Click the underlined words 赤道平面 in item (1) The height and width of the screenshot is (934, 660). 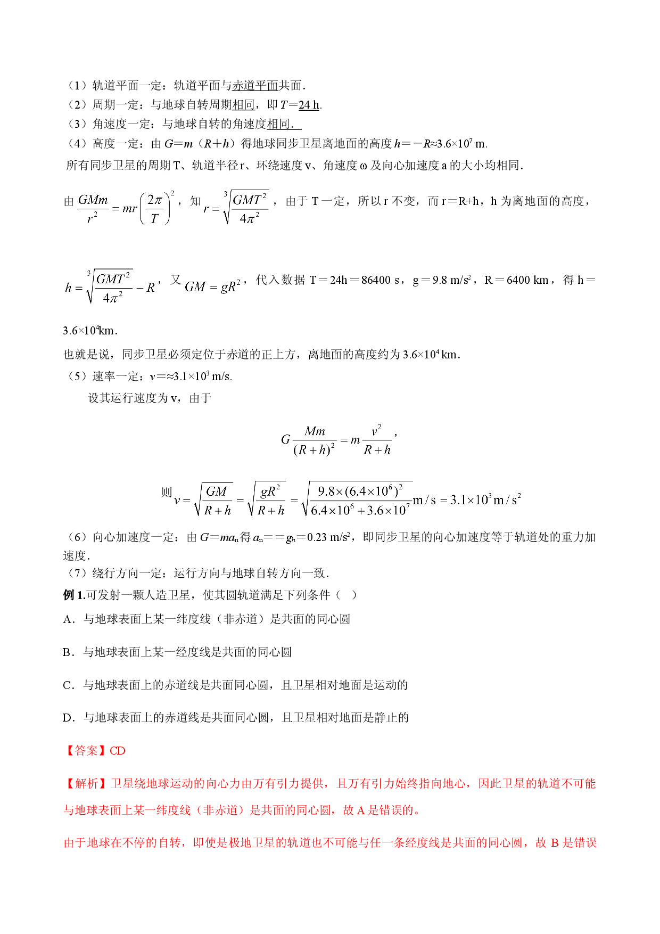[255, 86]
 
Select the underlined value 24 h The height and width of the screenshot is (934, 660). [309, 105]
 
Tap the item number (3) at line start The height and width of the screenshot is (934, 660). [77, 124]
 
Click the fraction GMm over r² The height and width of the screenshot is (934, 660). [93, 208]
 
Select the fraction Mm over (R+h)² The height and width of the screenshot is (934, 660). [315, 440]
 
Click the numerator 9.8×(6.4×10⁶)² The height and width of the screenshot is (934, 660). [360, 490]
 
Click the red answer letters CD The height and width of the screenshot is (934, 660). [117, 751]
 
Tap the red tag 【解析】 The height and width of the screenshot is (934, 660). [86, 783]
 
